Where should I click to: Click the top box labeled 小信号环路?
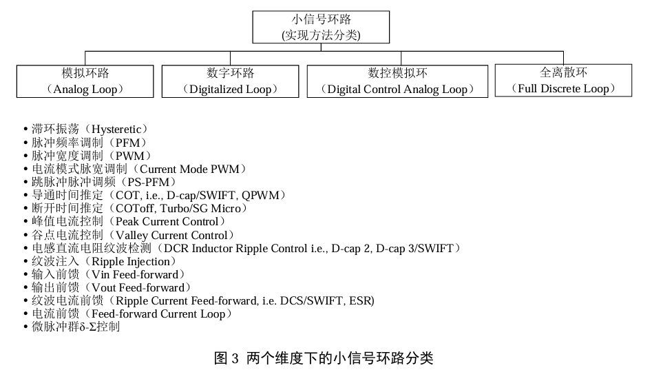click(321, 28)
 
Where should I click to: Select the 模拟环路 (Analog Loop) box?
click(85, 81)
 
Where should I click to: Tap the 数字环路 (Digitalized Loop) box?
click(230, 81)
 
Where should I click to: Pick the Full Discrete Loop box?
click(562, 80)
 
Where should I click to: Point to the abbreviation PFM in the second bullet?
click(130, 143)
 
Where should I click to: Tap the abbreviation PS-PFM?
click(148, 182)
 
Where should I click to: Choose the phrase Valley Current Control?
click(171, 235)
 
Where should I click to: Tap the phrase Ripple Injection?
click(130, 261)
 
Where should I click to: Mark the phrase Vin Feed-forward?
click(135, 274)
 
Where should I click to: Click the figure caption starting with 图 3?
click(324, 358)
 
